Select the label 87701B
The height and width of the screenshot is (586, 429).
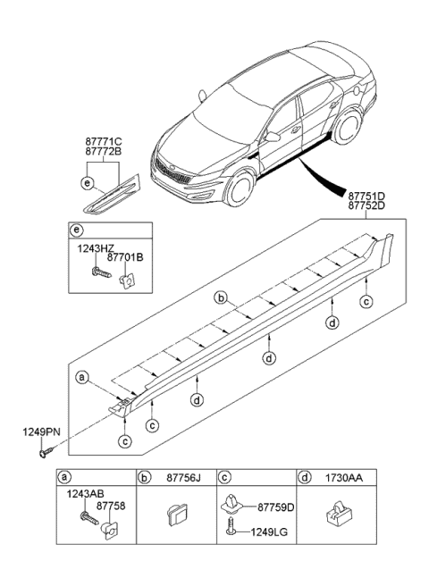click(x=124, y=257)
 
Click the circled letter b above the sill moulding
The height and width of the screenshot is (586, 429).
click(x=218, y=297)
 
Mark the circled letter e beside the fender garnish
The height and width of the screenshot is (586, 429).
click(x=86, y=183)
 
